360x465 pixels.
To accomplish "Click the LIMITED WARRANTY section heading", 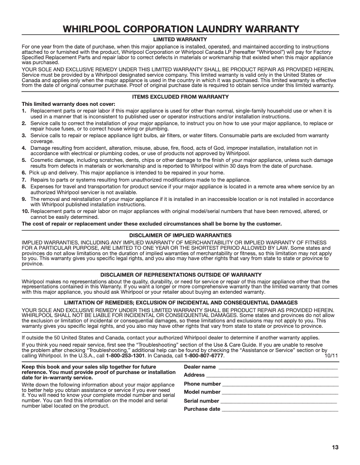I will [180, 40].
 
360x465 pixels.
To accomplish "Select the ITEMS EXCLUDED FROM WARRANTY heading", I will [180, 97].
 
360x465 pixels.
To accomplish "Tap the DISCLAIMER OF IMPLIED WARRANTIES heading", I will [180, 235].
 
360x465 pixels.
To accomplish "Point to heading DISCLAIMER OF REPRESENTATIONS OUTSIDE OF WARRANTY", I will [180, 274].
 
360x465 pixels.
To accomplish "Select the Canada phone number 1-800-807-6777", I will [204, 356].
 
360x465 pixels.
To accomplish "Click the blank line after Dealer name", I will [277, 367].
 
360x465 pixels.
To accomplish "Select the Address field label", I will [194, 375].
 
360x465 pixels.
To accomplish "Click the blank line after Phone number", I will [280, 384].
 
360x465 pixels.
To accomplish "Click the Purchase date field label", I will [202, 409].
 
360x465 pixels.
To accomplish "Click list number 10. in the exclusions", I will [25, 211].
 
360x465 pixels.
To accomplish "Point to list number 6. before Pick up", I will [24, 172].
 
